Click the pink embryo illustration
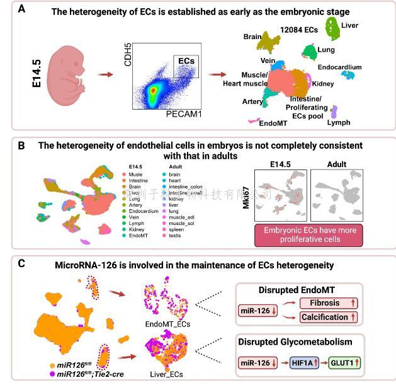69,75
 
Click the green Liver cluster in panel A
330,28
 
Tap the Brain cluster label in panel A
252,37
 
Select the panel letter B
21,146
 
